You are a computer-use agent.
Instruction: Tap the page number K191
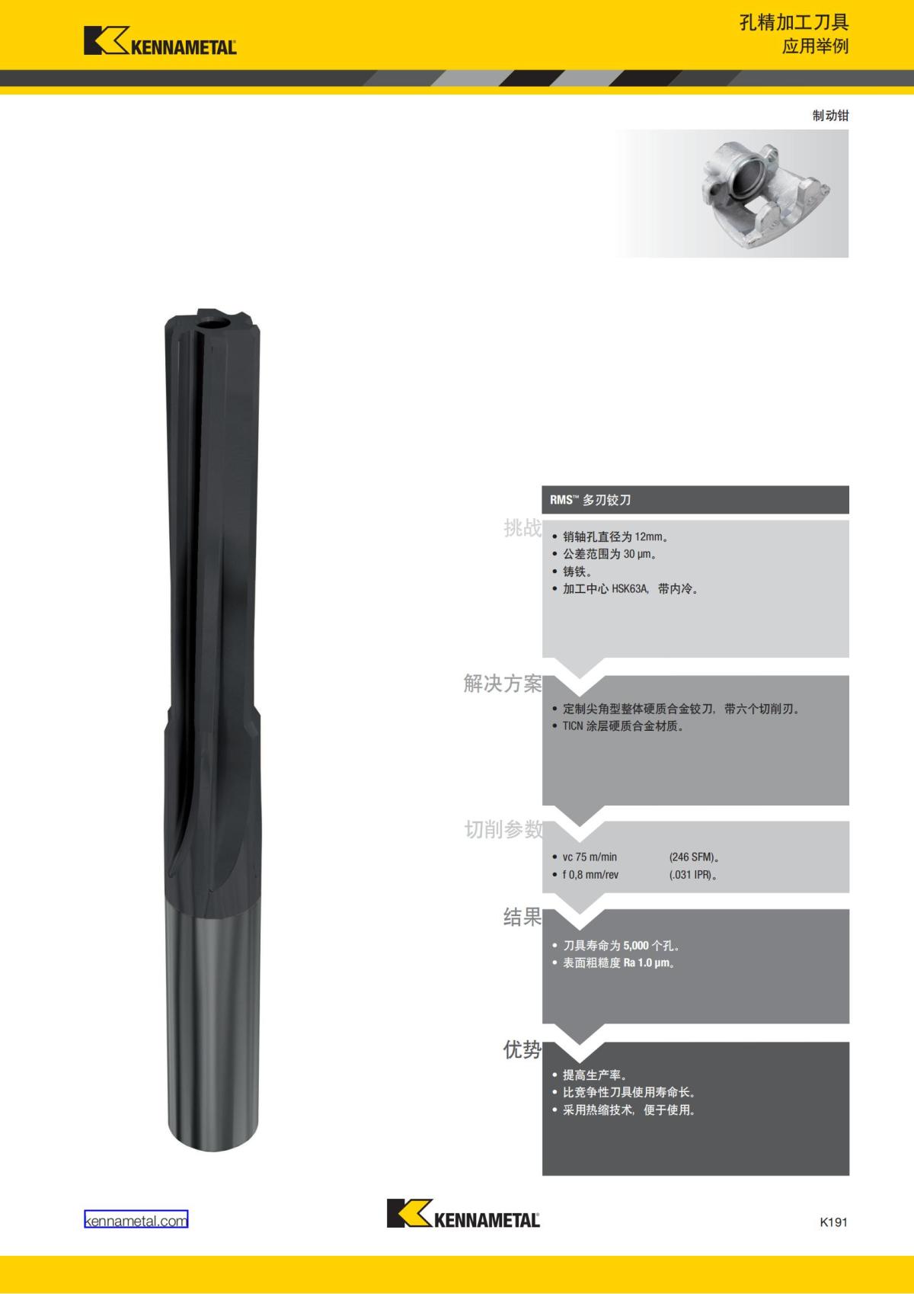pos(833,1222)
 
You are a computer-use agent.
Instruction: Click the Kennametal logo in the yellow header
pos(160,40)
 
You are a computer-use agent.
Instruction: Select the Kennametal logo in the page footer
pos(463,1213)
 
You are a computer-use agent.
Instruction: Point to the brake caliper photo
pos(731,194)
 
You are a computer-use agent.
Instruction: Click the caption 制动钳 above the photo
pos(830,116)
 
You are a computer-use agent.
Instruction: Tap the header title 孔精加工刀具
pos(794,23)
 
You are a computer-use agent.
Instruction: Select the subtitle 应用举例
pos(815,46)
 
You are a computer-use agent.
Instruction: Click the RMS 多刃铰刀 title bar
pos(695,500)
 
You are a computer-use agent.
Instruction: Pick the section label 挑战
pos(523,528)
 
